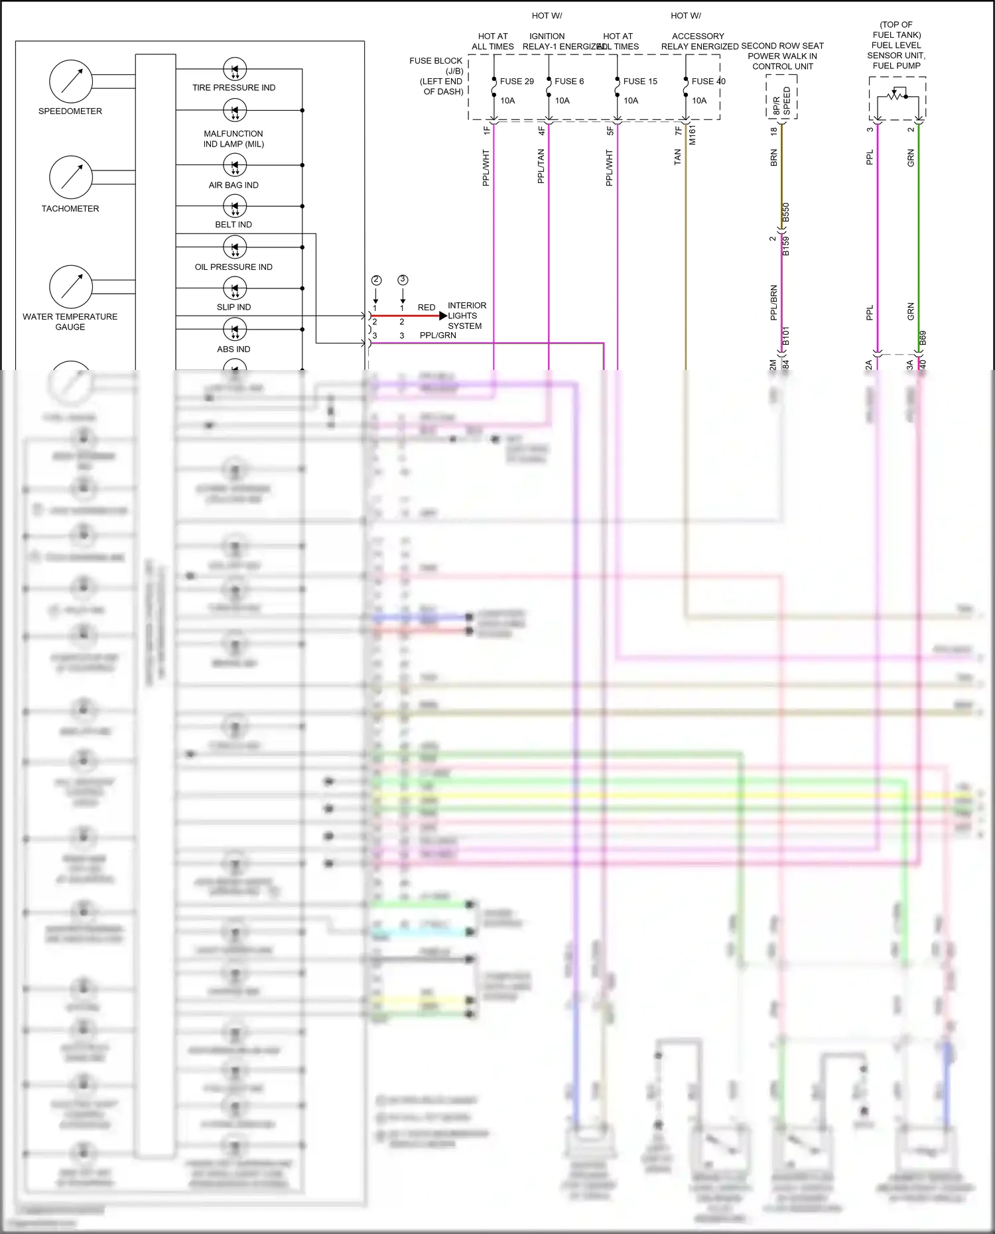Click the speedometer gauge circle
pos(71,81)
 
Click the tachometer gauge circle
pos(71,178)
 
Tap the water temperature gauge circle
pos(71,286)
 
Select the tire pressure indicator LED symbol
pos(234,69)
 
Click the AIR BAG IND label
pos(233,185)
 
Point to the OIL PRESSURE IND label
pos(233,267)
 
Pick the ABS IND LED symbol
pos(234,329)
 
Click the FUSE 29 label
pos(517,82)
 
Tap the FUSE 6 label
pos(569,82)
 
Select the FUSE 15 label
pos(640,82)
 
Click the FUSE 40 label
pos(708,82)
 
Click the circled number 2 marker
pos(376,280)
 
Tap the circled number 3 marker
pos(403,280)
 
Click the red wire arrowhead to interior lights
pos(443,316)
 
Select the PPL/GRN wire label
pos(438,336)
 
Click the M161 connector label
pos(692,135)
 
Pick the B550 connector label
pos(786,213)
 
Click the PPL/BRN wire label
pos(773,303)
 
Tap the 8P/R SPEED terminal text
pos(781,101)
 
